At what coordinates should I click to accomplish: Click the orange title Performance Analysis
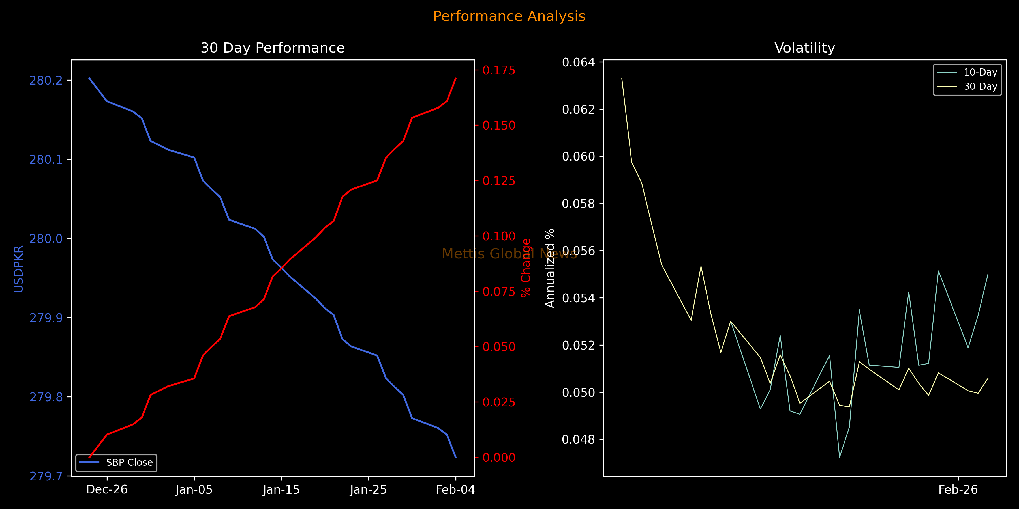(509, 16)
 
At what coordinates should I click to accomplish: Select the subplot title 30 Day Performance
(273, 48)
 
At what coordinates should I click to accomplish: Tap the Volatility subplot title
(805, 48)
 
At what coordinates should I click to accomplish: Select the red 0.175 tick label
(499, 70)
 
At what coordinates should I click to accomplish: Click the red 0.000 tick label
(499, 458)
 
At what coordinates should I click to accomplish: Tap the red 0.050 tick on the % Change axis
(499, 347)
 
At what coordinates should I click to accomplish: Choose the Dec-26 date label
(107, 490)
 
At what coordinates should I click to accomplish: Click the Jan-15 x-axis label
(281, 490)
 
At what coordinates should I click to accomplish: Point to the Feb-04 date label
(455, 490)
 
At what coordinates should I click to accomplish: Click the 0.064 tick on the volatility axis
(578, 62)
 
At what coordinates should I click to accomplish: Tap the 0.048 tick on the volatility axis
(578, 439)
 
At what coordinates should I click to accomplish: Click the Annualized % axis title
(550, 268)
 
